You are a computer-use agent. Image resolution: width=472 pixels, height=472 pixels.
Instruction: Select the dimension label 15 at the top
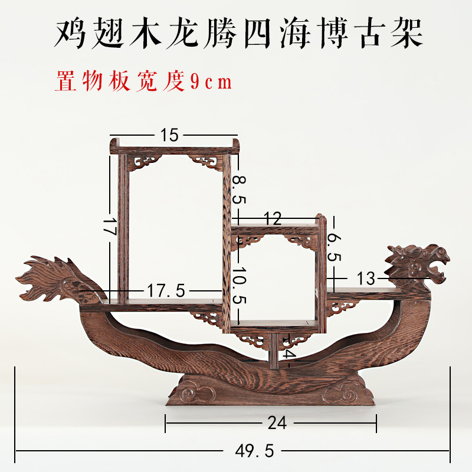[169, 135]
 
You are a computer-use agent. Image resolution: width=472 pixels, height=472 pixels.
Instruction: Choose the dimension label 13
[366, 278]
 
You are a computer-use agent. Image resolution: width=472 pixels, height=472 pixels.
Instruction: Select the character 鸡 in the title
[71, 34]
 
